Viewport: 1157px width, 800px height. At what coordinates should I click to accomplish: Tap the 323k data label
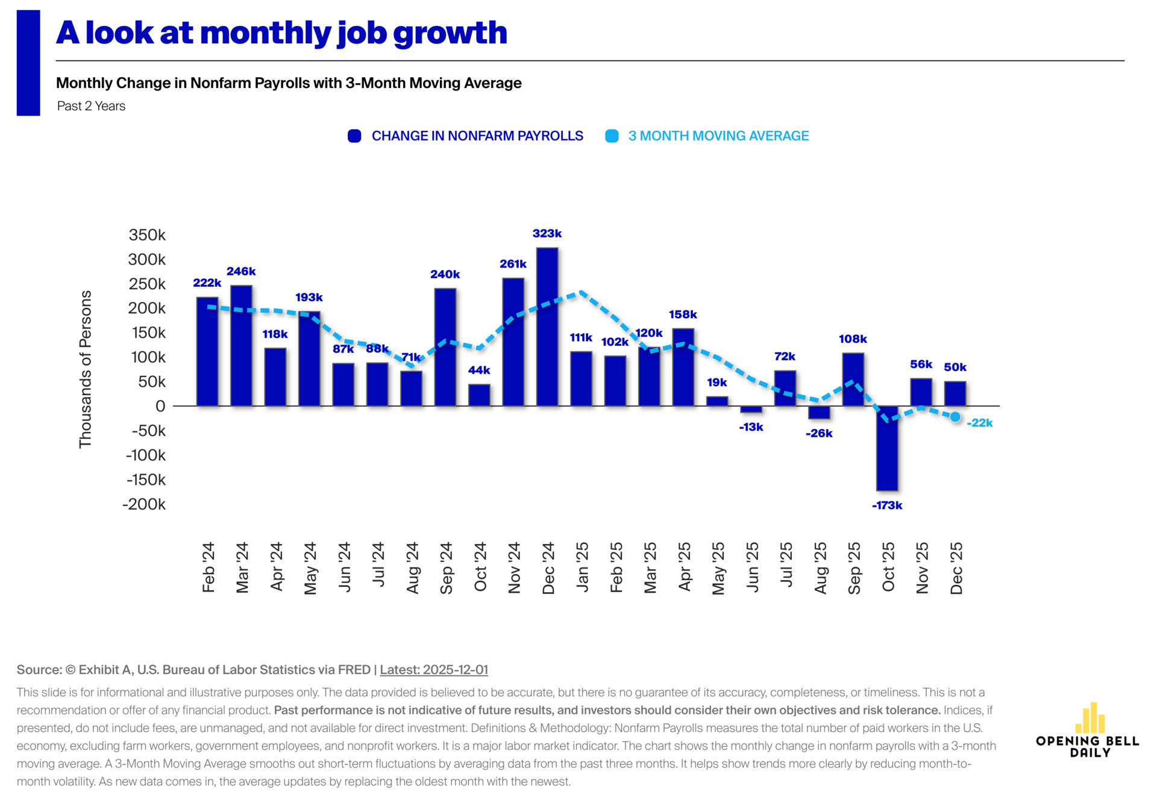547,234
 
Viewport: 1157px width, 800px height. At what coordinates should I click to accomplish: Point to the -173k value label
887,505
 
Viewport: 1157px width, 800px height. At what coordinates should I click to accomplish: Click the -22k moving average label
980,423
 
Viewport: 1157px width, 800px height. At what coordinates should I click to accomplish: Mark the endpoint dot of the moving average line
955,417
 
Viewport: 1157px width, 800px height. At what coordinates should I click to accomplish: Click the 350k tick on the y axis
147,235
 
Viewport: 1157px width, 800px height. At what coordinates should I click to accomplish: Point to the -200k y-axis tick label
144,504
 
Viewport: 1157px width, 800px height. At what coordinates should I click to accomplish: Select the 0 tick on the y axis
160,406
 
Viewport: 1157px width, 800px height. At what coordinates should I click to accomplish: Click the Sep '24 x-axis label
446,568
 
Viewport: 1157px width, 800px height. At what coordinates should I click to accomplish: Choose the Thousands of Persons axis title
86,369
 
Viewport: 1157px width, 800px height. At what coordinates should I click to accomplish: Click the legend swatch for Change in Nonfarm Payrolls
354,136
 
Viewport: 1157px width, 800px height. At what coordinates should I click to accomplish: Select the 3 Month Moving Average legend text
718,136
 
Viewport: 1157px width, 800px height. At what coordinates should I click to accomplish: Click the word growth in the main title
450,33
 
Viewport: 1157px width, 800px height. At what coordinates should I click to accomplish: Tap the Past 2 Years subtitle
92,106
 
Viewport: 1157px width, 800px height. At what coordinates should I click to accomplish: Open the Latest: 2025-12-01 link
434,670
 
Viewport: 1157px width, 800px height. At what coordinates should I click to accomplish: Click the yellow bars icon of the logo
1090,717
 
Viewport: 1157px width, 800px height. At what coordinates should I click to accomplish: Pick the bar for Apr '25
683,367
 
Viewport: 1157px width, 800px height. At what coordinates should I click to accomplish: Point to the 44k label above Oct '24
479,370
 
